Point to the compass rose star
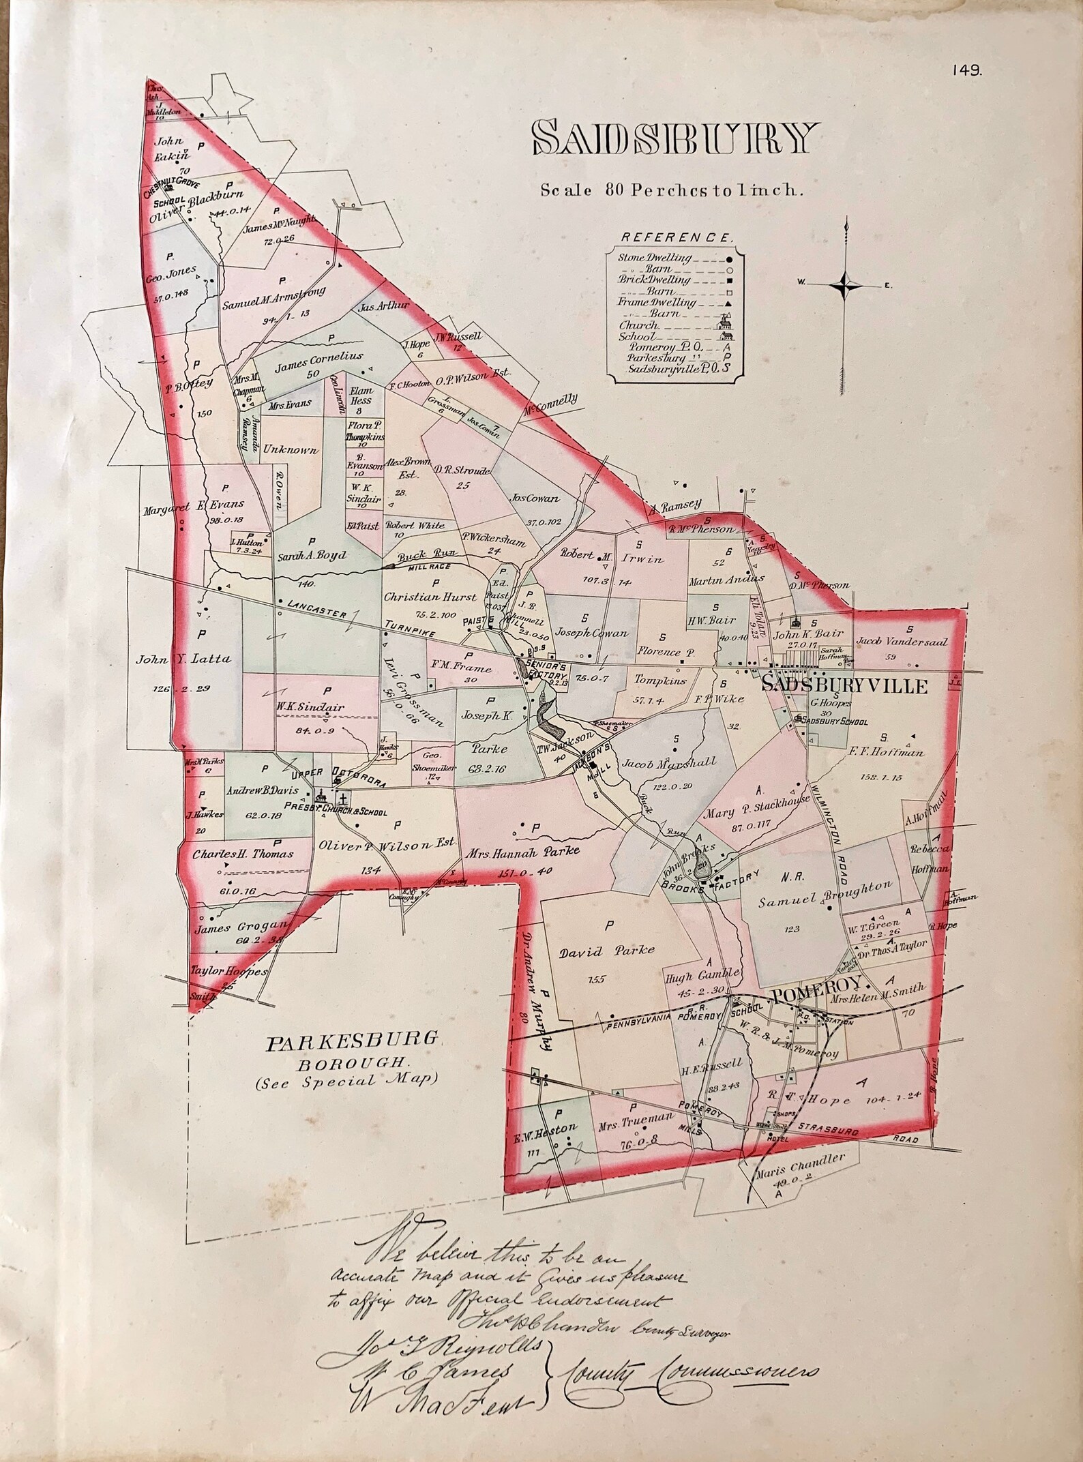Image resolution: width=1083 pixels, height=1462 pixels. (846, 284)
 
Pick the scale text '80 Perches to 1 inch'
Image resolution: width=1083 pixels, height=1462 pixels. (668, 190)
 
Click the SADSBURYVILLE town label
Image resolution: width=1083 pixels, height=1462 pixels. (844, 686)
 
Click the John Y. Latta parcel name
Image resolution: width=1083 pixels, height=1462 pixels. (184, 659)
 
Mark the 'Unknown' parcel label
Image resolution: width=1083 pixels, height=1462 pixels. (291, 451)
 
